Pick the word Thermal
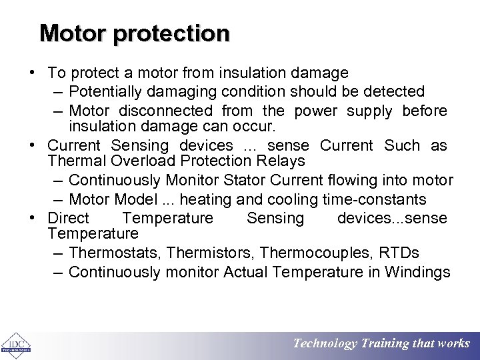[75, 161]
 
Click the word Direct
[68, 219]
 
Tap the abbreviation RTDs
[399, 253]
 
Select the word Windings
[419, 272]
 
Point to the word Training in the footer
[385, 344]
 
